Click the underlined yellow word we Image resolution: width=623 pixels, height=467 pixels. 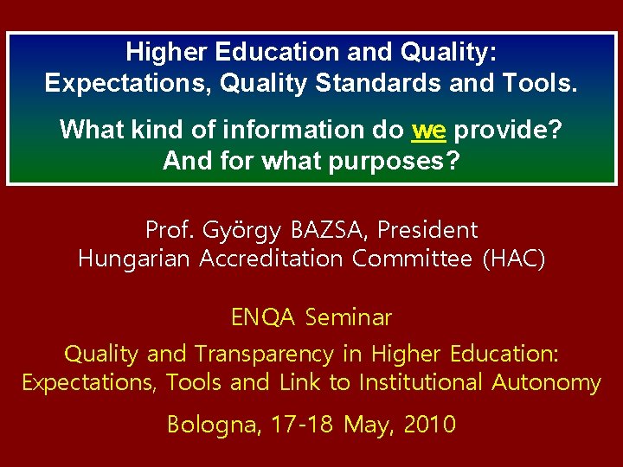tap(429, 130)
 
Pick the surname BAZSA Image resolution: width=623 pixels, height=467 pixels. tap(330, 230)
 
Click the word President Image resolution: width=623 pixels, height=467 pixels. tap(427, 230)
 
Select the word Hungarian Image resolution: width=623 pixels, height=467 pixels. tap(135, 259)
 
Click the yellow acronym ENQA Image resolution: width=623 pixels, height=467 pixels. tap(263, 317)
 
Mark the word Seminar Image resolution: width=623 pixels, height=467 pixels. tap(349, 317)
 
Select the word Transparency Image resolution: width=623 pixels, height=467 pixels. tap(264, 354)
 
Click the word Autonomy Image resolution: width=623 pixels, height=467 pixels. tap(547, 382)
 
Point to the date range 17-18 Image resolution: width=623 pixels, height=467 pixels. tap(304, 425)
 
